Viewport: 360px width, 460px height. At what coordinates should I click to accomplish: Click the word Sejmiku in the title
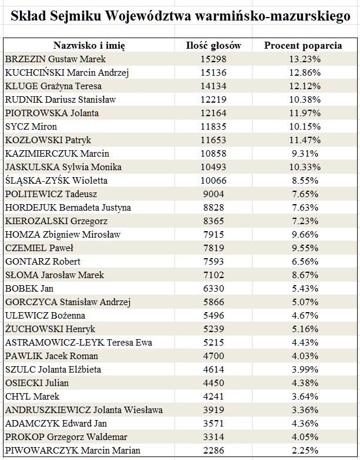point(75,16)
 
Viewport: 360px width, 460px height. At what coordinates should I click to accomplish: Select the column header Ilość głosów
point(214,46)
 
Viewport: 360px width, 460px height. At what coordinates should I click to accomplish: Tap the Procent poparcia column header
point(303,46)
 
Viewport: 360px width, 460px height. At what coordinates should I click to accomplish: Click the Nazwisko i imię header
point(89,46)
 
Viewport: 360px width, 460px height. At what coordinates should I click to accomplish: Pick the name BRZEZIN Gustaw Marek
point(55,59)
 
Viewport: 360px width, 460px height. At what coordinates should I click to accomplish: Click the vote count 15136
point(214,73)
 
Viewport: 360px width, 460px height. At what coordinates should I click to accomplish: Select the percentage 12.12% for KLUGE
point(305,86)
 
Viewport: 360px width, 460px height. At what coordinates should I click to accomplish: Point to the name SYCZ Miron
point(31,127)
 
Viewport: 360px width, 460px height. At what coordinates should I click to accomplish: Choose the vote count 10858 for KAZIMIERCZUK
point(214,154)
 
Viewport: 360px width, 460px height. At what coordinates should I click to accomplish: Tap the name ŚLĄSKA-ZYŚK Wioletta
point(56,180)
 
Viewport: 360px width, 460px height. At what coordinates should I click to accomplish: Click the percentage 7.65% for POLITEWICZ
point(305,194)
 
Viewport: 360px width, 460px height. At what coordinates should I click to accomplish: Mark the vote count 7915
point(214,235)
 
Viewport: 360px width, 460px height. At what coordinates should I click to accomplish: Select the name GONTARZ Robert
point(43,262)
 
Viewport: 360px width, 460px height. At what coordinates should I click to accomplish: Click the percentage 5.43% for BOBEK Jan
point(305,289)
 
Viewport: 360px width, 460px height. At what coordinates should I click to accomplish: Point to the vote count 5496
point(214,316)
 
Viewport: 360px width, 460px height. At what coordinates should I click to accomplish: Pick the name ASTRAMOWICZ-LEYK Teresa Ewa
point(79,343)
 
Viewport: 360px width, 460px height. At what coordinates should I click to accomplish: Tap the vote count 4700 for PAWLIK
point(214,356)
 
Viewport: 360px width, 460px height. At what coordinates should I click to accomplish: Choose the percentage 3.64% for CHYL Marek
point(305,397)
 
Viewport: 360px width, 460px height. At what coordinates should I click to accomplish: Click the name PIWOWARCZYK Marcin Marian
point(73,451)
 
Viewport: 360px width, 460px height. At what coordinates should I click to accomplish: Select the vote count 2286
point(214,451)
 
